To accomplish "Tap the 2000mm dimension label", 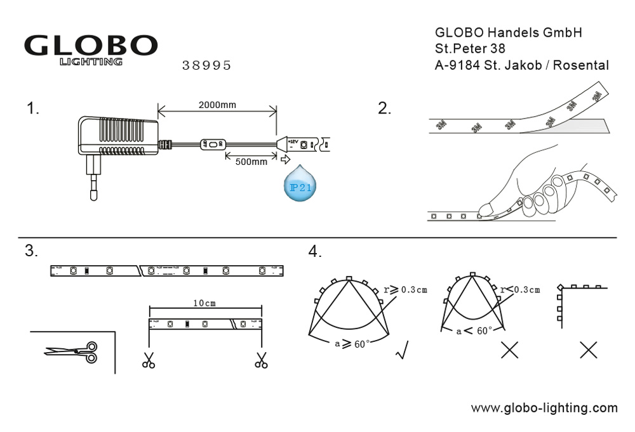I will (x=217, y=105).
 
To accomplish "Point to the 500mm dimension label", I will (x=251, y=162).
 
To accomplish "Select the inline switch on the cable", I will (x=212, y=145).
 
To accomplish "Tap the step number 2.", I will (x=385, y=108).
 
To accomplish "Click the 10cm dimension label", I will (x=204, y=303).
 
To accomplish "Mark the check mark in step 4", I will (x=401, y=350).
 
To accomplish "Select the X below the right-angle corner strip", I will (x=589, y=350).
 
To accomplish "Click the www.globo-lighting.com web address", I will (x=544, y=408).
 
